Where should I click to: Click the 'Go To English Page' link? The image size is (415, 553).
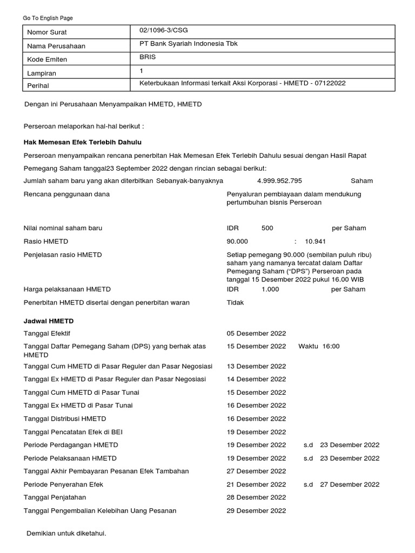[x=48, y=18]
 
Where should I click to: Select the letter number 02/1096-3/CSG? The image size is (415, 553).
[x=164, y=31]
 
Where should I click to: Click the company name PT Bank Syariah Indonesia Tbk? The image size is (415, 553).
[x=188, y=44]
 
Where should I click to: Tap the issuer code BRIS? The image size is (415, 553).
[x=148, y=57]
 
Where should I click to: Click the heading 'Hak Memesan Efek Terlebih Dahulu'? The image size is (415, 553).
[x=82, y=142]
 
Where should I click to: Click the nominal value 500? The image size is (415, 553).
[x=267, y=228]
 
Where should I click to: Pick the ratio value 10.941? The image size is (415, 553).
[x=315, y=241]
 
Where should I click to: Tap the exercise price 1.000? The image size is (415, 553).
[x=270, y=289]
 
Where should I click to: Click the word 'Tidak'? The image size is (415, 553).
[x=235, y=302]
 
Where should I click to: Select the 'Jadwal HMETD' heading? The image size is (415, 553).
[x=49, y=321]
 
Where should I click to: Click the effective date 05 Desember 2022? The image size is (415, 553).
[x=256, y=334]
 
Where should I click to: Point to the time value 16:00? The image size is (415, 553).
[x=331, y=346]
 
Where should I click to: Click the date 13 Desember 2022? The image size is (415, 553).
[x=256, y=366]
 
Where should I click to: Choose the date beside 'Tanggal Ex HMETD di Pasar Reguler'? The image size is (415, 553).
[x=256, y=379]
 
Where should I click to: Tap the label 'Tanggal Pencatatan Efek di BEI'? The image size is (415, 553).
[x=70, y=432]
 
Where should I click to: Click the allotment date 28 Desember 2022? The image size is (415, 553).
[x=256, y=497]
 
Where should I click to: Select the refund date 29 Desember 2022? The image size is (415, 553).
[x=256, y=510]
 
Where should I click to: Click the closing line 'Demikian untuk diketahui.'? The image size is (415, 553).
[x=66, y=534]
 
